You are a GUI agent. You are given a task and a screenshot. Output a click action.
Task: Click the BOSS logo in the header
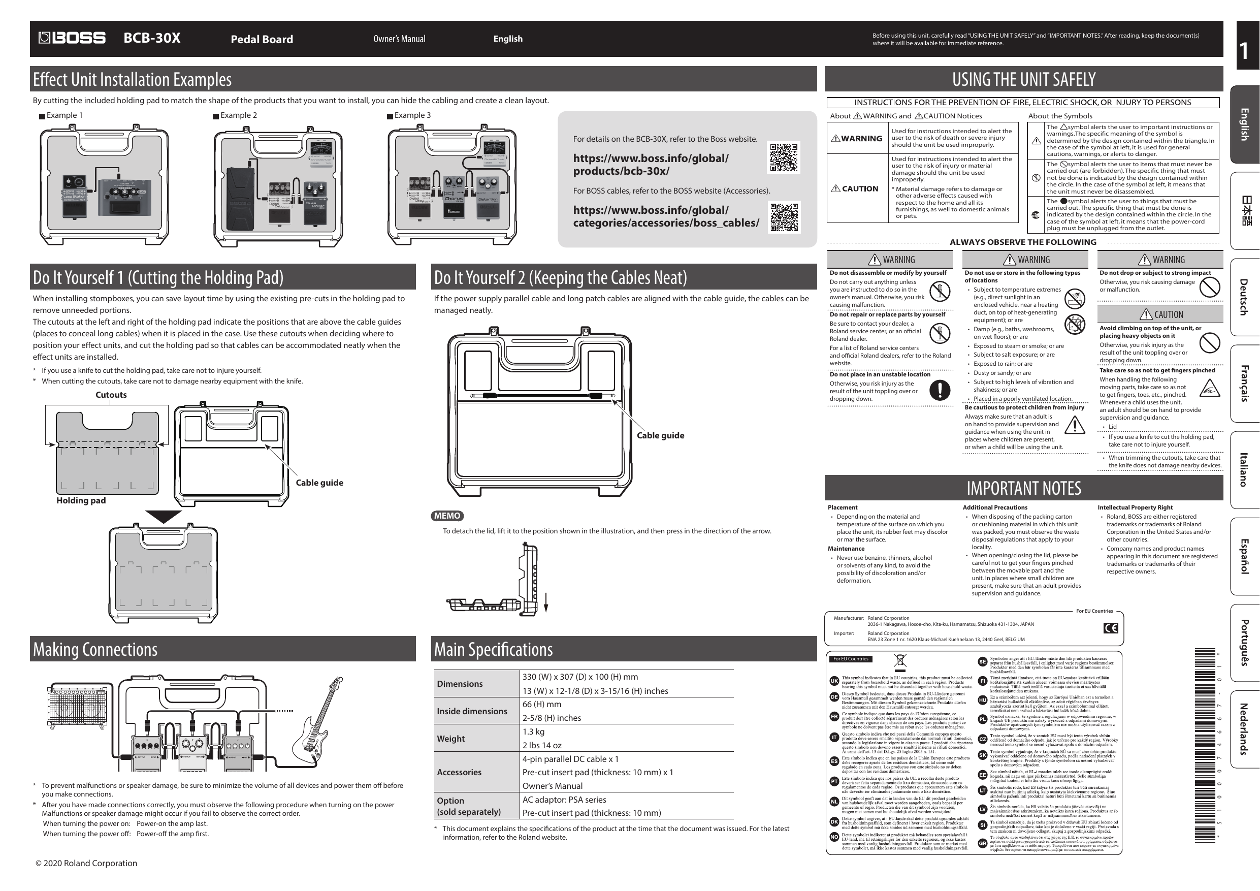tap(72, 38)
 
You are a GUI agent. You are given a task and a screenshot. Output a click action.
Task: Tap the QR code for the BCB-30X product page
tap(783, 157)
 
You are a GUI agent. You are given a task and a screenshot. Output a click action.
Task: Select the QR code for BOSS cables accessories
tap(784, 217)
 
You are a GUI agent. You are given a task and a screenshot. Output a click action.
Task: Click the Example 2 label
tap(238, 115)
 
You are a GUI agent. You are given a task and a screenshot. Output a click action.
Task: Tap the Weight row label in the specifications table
tap(450, 739)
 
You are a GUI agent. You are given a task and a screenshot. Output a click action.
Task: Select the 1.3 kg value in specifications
tap(533, 731)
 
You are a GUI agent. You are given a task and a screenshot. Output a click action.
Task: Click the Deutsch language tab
tap(1245, 297)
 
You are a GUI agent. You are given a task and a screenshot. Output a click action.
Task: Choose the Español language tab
tap(1245, 556)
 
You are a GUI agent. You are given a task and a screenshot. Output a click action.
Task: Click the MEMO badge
tap(447, 516)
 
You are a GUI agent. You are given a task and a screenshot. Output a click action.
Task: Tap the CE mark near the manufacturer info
tap(1110, 628)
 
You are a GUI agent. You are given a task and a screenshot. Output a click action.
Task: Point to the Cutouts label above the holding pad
tap(111, 395)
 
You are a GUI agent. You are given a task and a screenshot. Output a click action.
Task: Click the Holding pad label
tap(81, 500)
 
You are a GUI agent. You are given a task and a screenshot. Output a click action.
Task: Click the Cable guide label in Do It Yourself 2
tap(660, 435)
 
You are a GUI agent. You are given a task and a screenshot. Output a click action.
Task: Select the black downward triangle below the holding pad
tap(164, 516)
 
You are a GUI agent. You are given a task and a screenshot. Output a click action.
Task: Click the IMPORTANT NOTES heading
tap(1023, 488)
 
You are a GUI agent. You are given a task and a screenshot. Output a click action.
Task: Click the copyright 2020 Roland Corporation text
tap(86, 863)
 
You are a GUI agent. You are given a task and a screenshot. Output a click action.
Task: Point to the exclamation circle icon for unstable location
tap(940, 390)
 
